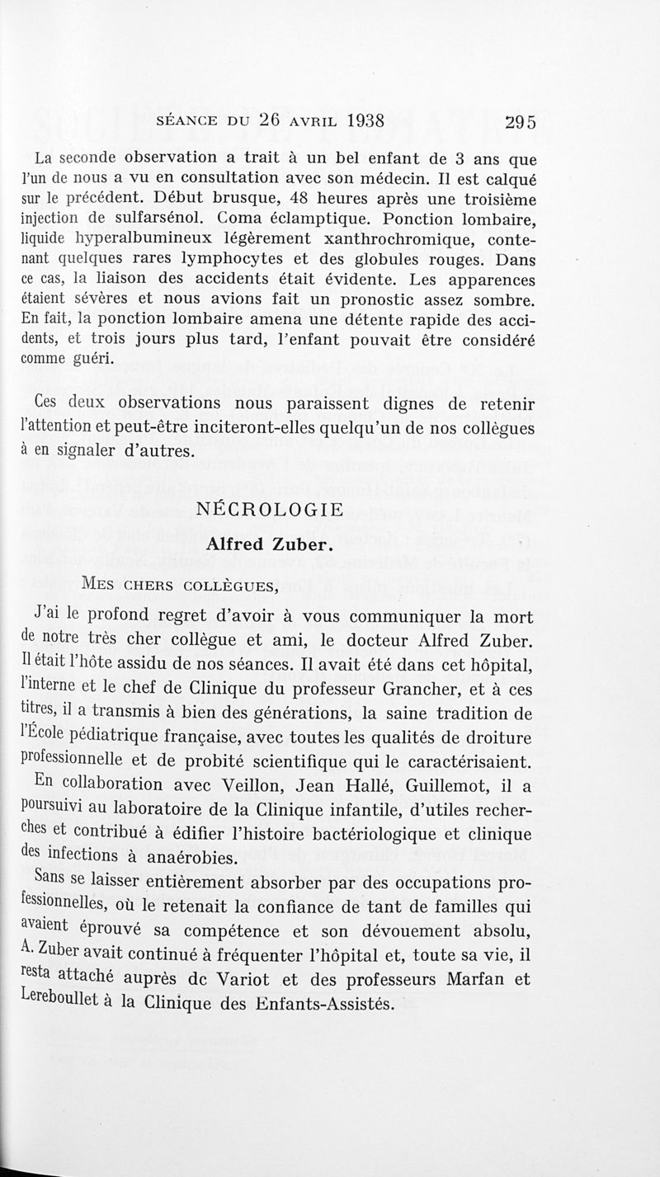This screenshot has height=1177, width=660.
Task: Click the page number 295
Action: tap(520, 121)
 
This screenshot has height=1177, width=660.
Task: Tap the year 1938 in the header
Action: tap(355, 119)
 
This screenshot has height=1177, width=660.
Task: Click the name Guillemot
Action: tap(445, 786)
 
